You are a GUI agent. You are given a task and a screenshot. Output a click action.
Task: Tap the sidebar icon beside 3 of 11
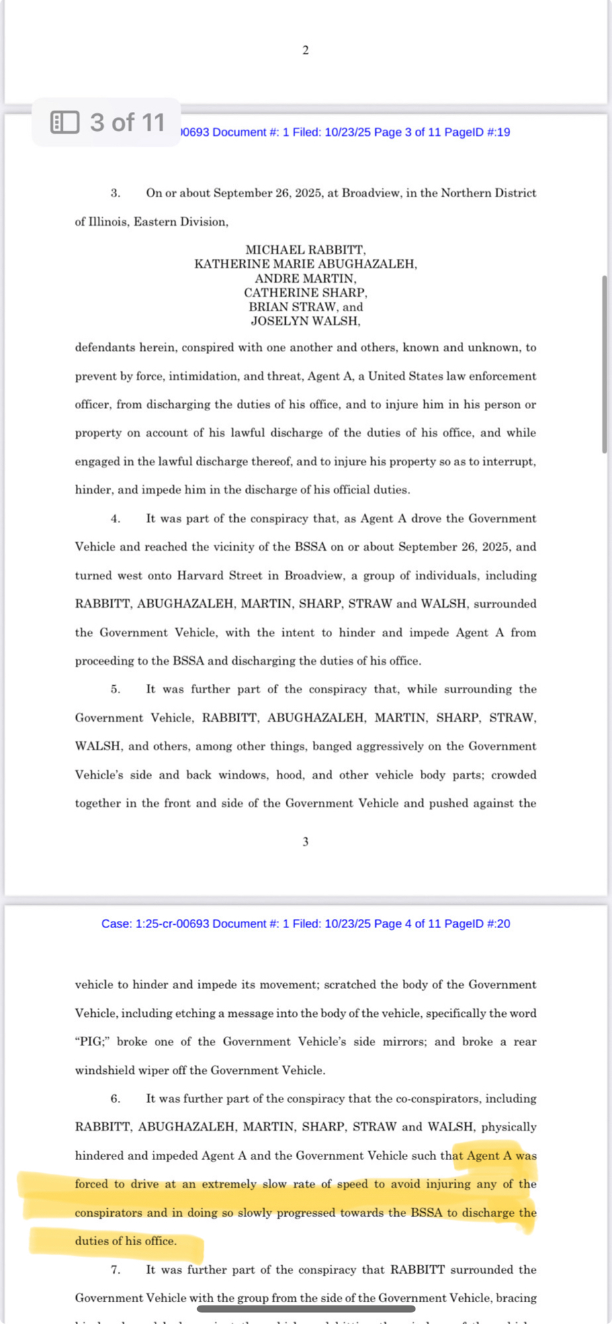tap(65, 122)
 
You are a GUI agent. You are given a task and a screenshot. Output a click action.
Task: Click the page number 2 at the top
tap(306, 50)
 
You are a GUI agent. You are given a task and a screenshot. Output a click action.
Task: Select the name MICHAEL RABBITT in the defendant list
tap(305, 250)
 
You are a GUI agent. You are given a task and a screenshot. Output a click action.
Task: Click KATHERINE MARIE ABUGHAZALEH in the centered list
tap(305, 264)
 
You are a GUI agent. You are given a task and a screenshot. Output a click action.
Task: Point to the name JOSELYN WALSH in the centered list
tap(305, 321)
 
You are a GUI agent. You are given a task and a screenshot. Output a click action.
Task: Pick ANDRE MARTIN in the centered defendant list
tap(305, 279)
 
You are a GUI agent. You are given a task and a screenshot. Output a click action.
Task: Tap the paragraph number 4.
tap(116, 519)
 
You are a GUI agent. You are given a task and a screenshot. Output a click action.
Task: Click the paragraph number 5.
tap(116, 689)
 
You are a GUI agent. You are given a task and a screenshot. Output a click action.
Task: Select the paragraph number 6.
tap(116, 1099)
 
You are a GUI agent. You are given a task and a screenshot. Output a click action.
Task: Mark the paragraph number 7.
tap(116, 1270)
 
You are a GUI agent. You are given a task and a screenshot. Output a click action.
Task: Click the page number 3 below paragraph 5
tap(306, 842)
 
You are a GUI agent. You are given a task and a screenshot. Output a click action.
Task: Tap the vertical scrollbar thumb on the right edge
tap(604, 364)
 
